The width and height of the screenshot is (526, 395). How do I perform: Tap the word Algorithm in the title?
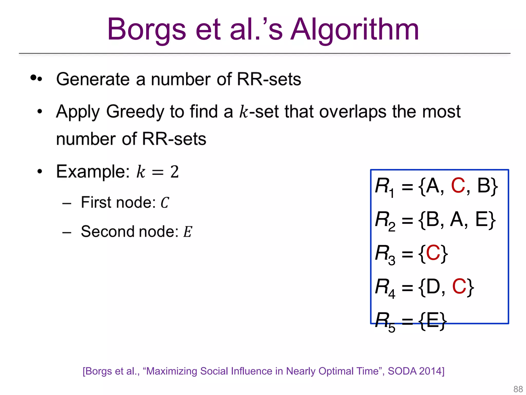click(355, 30)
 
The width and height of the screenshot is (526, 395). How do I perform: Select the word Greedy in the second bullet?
click(135, 112)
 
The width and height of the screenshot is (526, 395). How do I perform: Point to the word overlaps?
click(352, 112)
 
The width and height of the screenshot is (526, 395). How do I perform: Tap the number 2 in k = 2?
click(174, 172)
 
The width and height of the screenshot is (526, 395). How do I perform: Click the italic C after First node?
click(165, 203)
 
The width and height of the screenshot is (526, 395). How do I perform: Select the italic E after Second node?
click(187, 232)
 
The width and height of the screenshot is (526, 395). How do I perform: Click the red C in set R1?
click(458, 185)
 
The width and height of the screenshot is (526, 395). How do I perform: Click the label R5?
click(384, 321)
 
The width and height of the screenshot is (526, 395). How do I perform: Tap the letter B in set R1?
click(484, 185)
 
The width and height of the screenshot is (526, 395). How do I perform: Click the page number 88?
click(518, 389)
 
